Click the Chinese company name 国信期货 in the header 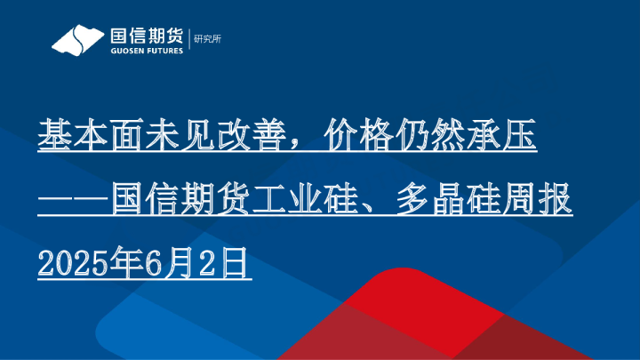[145, 35]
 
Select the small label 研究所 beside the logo [207, 40]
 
